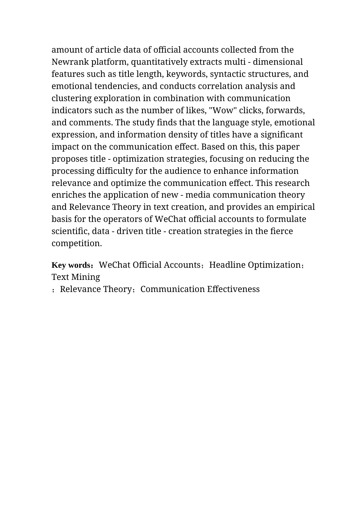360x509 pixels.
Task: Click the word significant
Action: pyautogui.click(x=282, y=135)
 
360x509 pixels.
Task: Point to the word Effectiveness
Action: pyautogui.click(x=233, y=289)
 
